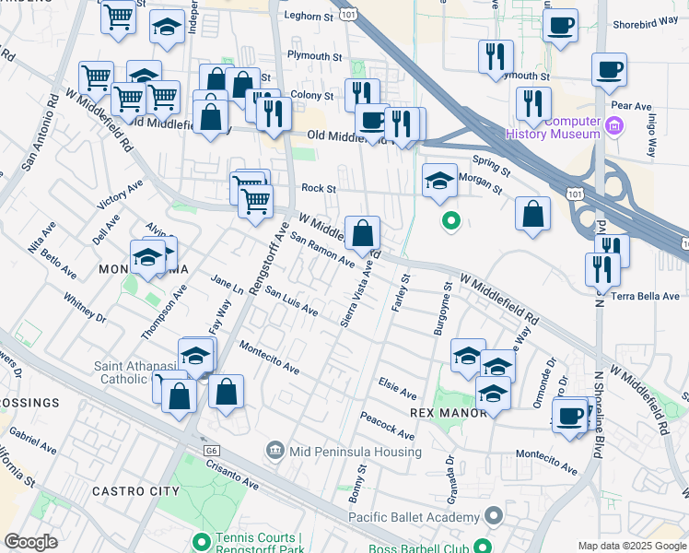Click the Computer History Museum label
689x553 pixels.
click(x=553, y=128)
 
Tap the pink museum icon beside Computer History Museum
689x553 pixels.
click(x=614, y=125)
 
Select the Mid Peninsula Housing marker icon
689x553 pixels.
click(x=274, y=450)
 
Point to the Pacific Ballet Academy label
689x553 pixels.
click(x=415, y=516)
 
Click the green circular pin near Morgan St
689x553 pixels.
click(x=450, y=220)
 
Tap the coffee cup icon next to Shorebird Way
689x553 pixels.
click(x=559, y=28)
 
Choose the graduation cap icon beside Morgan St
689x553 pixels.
click(x=440, y=182)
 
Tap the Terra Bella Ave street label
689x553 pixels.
click(x=648, y=297)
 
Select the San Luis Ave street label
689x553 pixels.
click(x=291, y=302)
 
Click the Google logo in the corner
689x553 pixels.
click(x=31, y=543)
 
